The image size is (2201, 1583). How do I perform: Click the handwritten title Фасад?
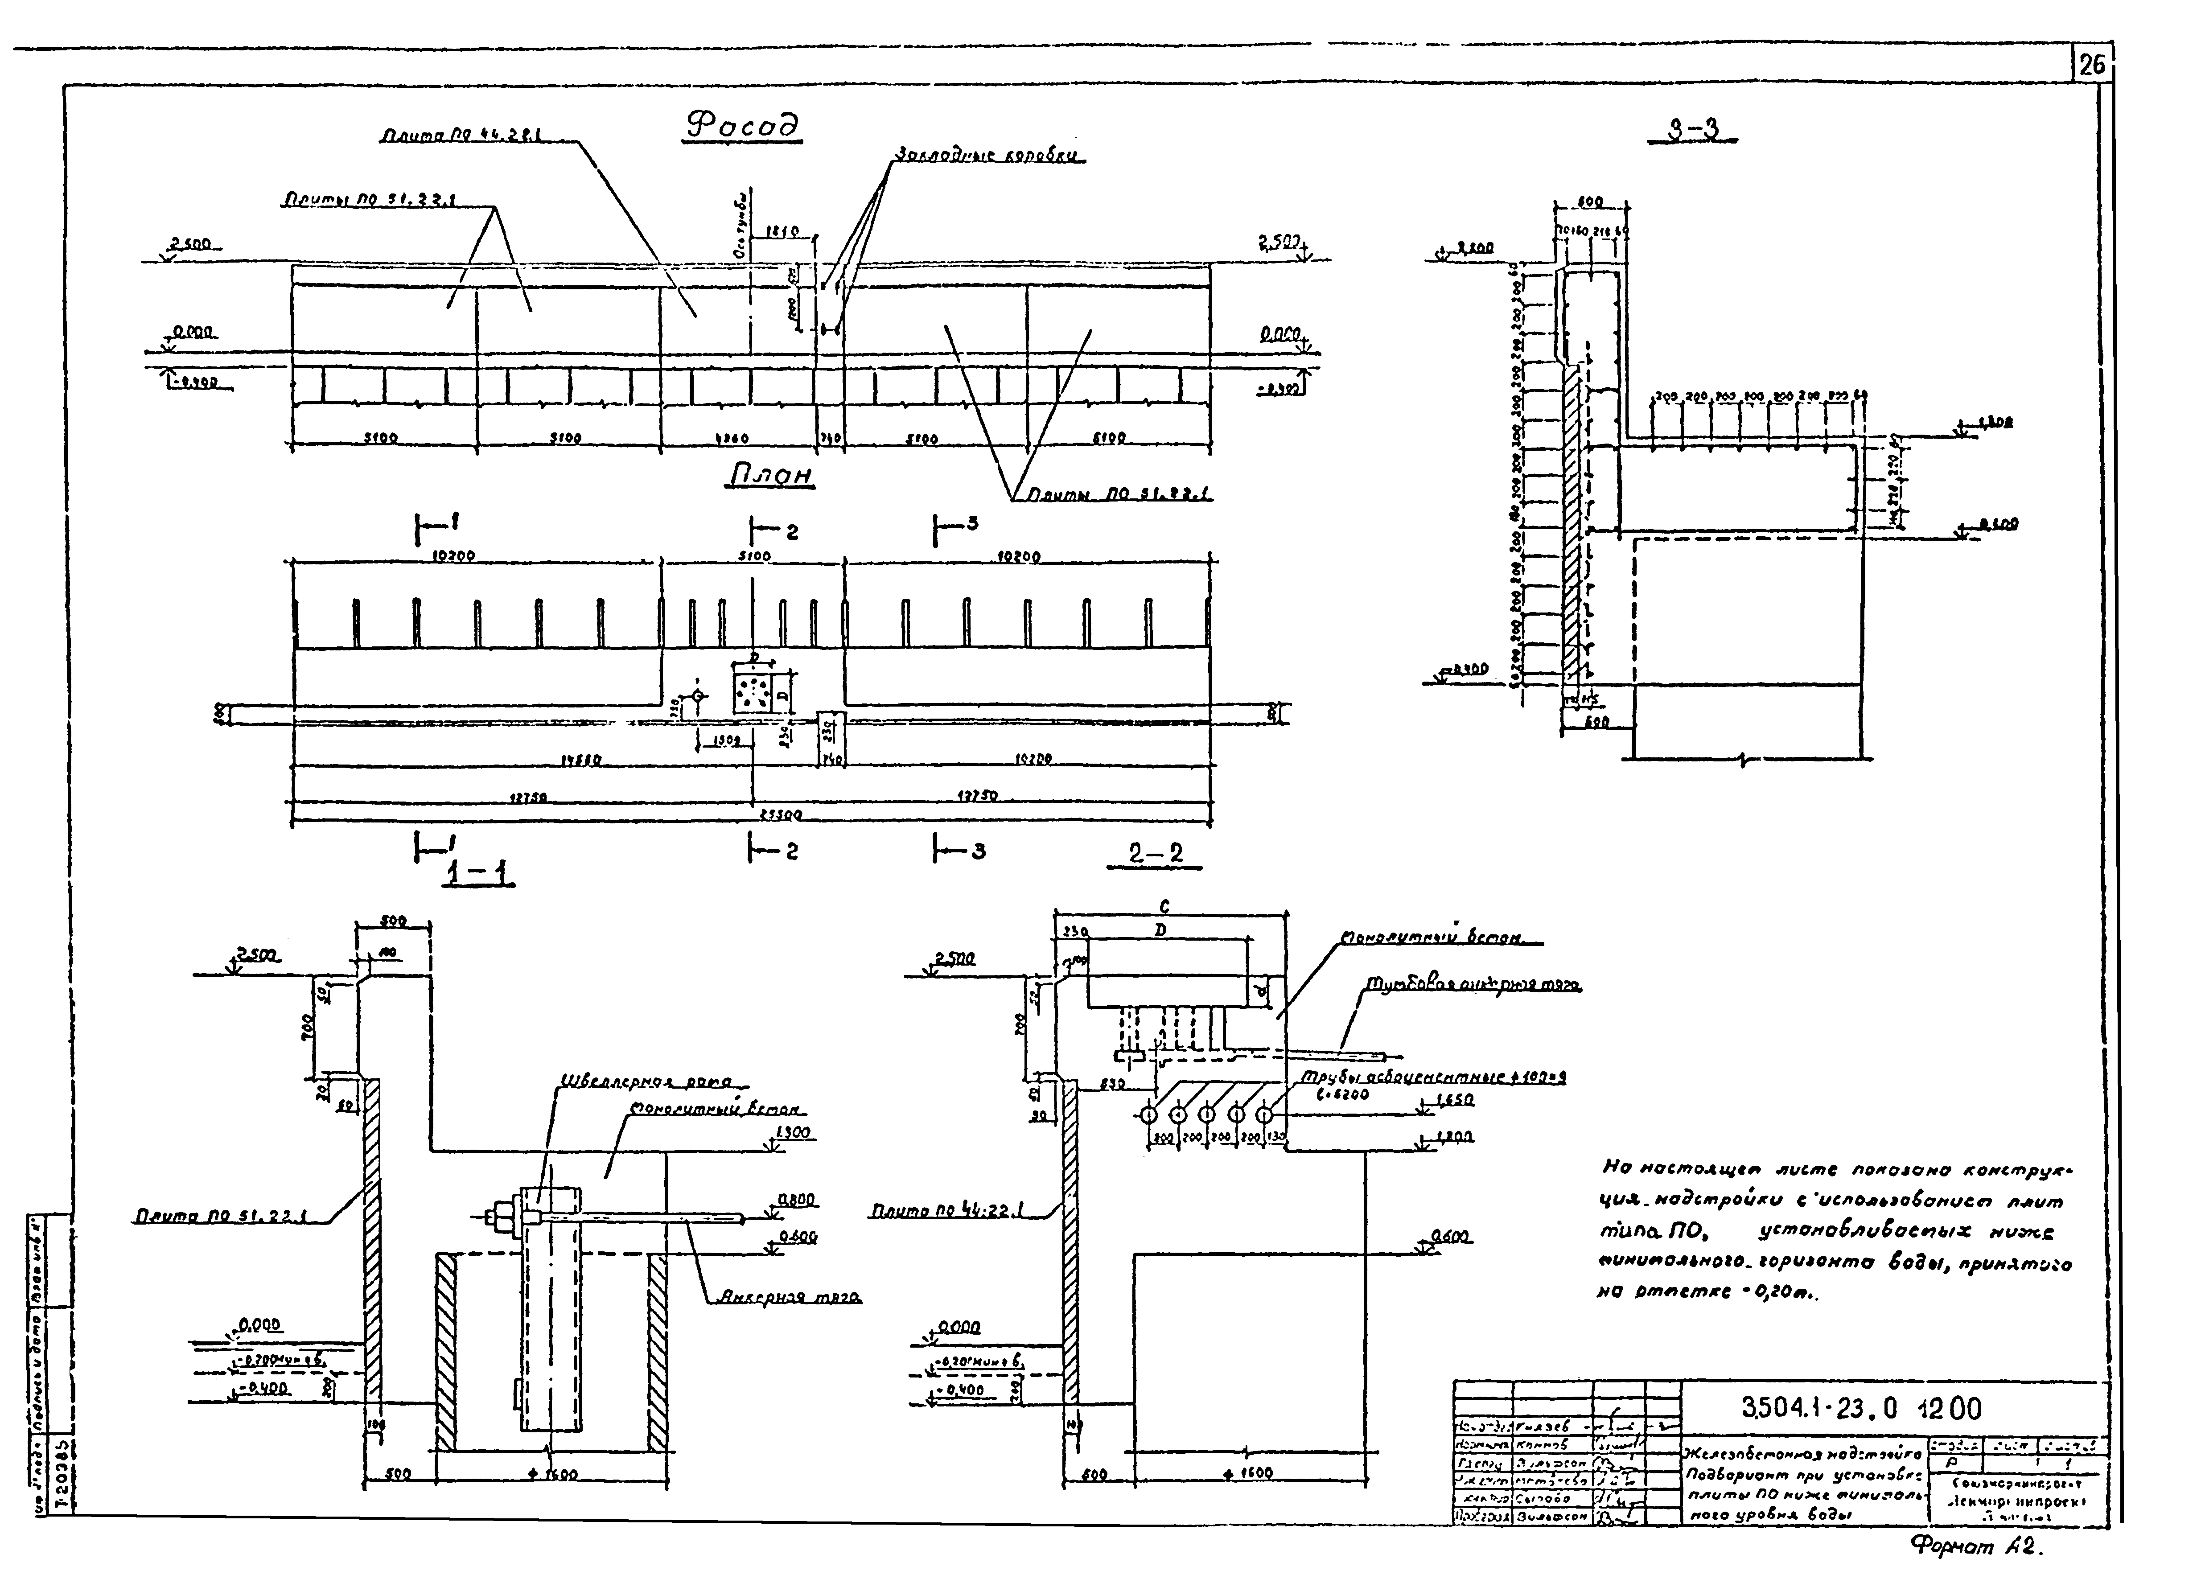pos(742,126)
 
